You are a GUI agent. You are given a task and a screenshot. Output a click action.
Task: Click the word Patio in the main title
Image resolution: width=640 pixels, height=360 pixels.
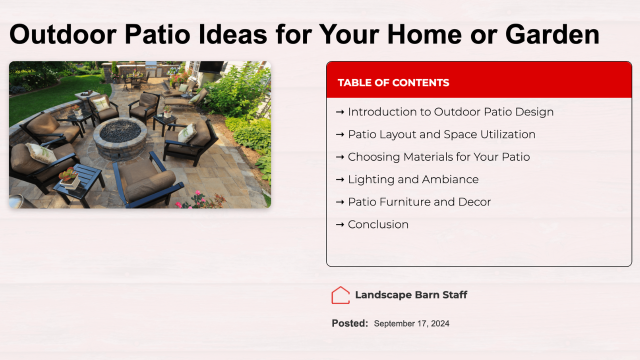point(157,34)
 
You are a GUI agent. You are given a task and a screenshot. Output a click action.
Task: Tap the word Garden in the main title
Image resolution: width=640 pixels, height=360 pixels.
point(552,34)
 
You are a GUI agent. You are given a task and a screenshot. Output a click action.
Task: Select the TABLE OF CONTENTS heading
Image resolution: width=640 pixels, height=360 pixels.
point(393,82)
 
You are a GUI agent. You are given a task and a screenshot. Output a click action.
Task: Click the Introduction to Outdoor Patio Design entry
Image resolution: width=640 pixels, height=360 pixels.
point(450,111)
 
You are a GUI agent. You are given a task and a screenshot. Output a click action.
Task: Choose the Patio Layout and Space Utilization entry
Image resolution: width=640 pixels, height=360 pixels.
point(441,134)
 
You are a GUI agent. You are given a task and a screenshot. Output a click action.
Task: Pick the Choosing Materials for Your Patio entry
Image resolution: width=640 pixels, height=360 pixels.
point(439,157)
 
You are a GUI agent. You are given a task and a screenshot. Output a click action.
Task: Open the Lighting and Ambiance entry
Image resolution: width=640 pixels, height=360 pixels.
point(413,179)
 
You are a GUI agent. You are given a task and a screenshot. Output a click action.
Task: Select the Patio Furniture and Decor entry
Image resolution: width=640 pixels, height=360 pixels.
point(419,202)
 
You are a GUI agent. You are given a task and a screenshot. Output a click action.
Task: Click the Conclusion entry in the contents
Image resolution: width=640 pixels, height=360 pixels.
point(378,224)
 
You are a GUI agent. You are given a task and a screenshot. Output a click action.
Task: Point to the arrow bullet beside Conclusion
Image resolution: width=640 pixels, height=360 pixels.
point(340,225)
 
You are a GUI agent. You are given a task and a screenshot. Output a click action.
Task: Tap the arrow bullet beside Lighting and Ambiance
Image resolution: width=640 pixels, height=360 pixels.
point(340,179)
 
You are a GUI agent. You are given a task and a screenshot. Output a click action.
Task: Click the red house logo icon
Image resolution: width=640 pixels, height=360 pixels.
point(340,295)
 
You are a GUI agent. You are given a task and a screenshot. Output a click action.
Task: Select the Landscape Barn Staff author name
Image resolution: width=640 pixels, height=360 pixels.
point(411,295)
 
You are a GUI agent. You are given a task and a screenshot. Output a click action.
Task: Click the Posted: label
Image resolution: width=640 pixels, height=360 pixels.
point(350,323)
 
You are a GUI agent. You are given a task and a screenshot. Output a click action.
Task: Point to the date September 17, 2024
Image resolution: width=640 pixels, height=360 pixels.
point(411,323)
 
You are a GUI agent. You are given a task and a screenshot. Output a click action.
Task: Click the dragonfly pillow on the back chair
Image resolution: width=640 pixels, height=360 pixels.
point(100,104)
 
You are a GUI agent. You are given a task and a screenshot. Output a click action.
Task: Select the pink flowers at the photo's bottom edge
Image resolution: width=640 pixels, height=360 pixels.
point(197,200)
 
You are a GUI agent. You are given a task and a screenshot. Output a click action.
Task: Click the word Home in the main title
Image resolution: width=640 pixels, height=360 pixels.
point(424,34)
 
